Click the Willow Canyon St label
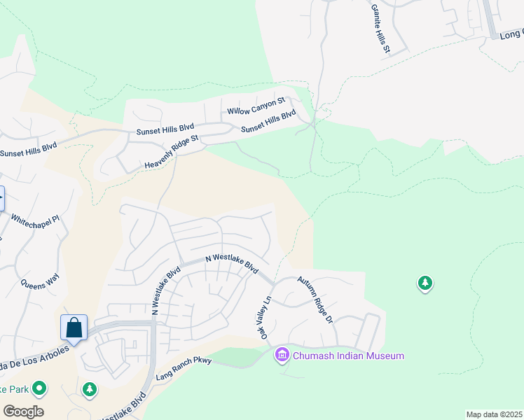tap(256, 106)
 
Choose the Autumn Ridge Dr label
tap(314, 300)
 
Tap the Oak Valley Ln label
tap(266, 318)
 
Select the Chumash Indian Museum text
tap(349, 356)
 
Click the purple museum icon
tap(282, 356)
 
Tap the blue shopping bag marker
tap(74, 328)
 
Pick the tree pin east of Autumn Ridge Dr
tap(425, 283)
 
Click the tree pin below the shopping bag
tap(90, 389)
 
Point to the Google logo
tap(23, 412)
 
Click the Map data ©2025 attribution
tap(494, 414)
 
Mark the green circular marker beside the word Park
tap(39, 388)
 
